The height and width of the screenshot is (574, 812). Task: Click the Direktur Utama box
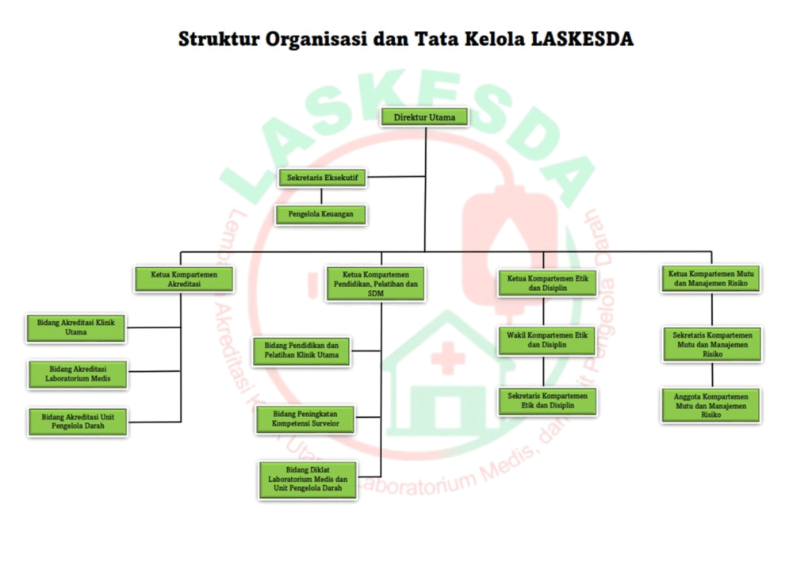425,117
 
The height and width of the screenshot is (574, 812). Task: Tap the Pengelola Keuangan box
321,214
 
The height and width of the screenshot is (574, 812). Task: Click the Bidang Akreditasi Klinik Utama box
77,327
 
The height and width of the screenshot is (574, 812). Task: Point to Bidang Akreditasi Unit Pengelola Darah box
78,421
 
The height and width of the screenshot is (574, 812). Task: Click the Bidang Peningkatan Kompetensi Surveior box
305,419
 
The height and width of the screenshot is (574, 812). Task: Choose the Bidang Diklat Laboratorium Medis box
308,480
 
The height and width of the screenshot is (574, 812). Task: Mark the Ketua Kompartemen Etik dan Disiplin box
548,283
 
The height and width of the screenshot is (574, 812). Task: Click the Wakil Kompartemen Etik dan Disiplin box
548,340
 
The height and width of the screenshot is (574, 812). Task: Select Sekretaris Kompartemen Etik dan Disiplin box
548,400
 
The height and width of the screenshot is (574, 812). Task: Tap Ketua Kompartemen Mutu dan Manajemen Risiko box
711,278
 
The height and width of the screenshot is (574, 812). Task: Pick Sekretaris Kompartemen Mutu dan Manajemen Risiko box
711,344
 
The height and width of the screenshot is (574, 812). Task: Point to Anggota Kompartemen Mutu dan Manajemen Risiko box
711,404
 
